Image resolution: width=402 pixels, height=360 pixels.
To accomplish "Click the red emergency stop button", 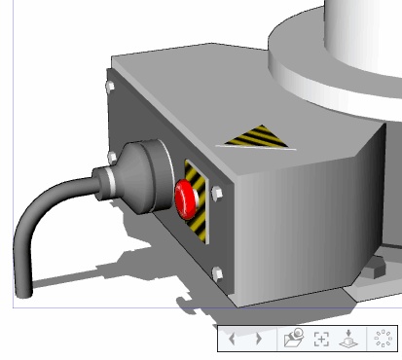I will (x=187, y=198).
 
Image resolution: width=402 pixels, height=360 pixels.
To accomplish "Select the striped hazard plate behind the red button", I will (x=198, y=202).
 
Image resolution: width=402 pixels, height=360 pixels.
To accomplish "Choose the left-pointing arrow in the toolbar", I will (x=233, y=339).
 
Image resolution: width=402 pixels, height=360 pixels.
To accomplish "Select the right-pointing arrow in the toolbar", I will (x=259, y=339).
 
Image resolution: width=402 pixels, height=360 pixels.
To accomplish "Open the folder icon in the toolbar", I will (x=293, y=338).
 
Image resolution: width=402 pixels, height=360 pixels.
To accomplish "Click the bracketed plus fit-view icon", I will (x=321, y=339).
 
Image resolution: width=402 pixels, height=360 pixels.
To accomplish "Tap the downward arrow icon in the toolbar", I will (x=349, y=339).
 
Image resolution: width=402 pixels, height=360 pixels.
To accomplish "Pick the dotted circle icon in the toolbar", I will (x=384, y=338).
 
